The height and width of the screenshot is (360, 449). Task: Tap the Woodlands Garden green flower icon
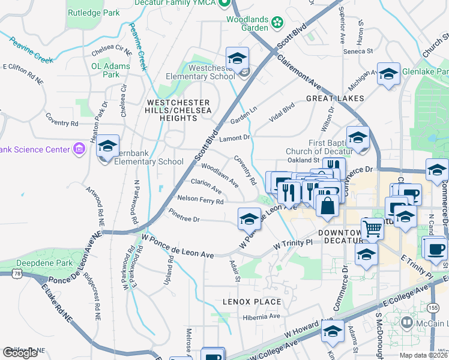(x=277, y=23)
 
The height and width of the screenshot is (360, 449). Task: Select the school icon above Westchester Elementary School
(x=238, y=59)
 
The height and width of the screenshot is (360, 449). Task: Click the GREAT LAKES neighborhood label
(x=335, y=98)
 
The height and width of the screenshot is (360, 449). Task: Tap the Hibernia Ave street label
(x=261, y=316)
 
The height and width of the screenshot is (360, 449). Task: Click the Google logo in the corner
(x=20, y=353)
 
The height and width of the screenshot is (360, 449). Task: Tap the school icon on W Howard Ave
(x=333, y=330)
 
